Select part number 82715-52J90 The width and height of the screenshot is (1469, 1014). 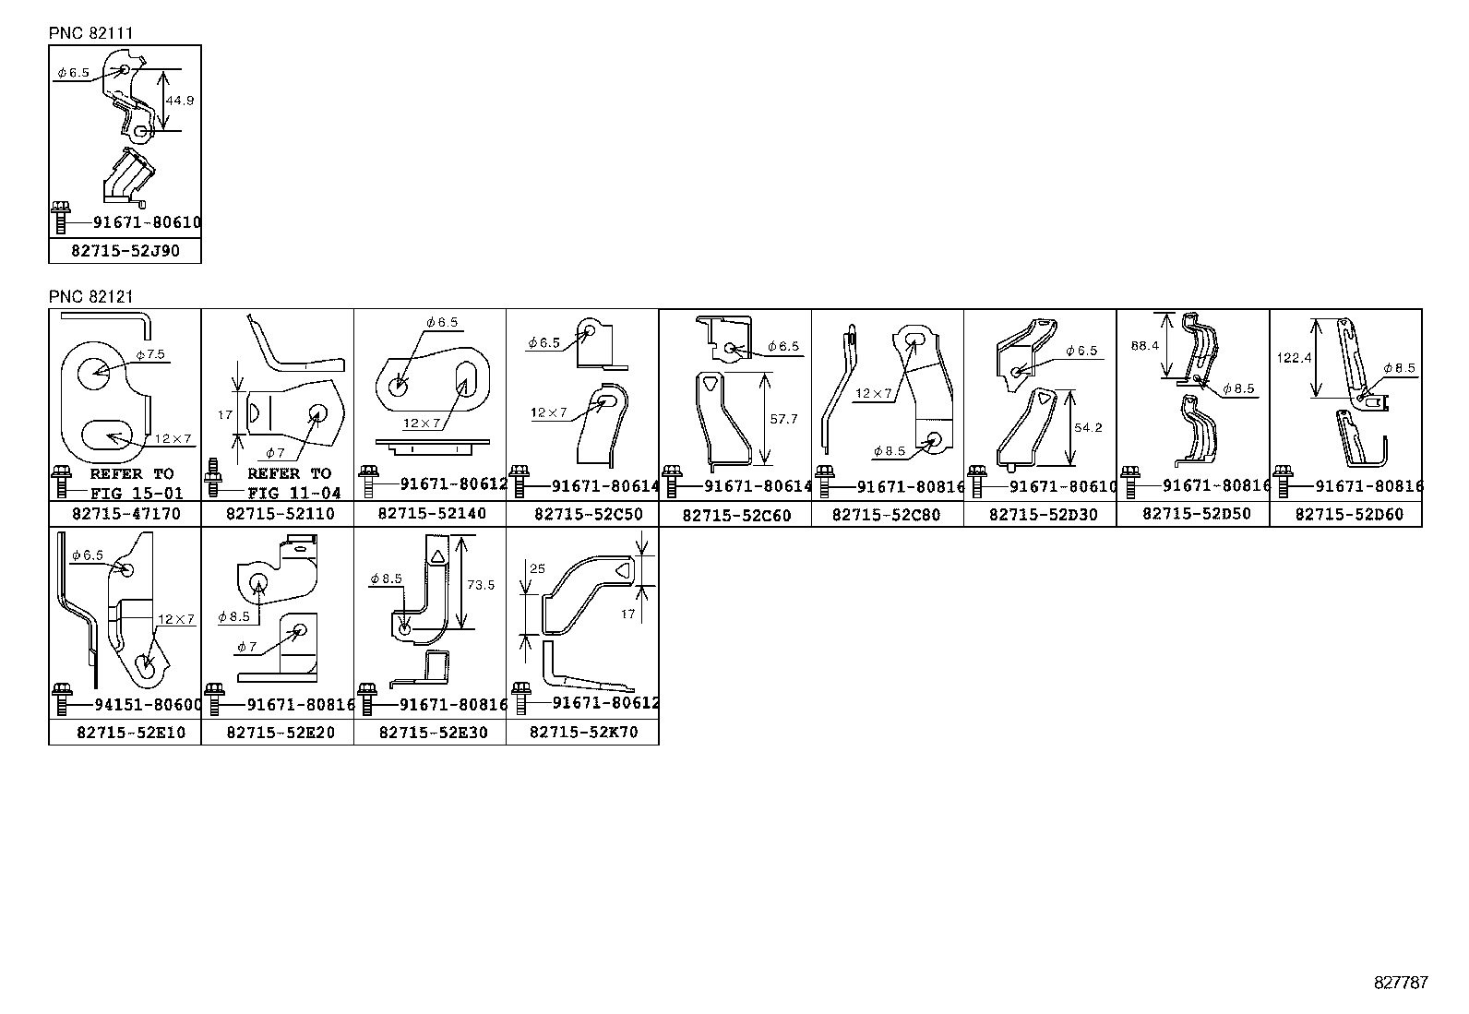[125, 250]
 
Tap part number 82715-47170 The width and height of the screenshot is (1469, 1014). [125, 514]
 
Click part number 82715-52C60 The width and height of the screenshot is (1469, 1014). [736, 515]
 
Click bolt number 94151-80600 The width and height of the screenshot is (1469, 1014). [148, 704]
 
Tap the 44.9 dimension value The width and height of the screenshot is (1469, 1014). [180, 101]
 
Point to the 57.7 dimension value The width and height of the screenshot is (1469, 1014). [783, 419]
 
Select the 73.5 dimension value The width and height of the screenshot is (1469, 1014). [481, 585]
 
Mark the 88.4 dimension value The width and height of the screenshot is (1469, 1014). [1144, 346]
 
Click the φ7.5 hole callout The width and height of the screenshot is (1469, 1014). [149, 354]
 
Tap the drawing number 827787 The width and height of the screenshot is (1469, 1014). [1400, 983]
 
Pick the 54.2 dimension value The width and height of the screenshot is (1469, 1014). [1089, 428]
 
